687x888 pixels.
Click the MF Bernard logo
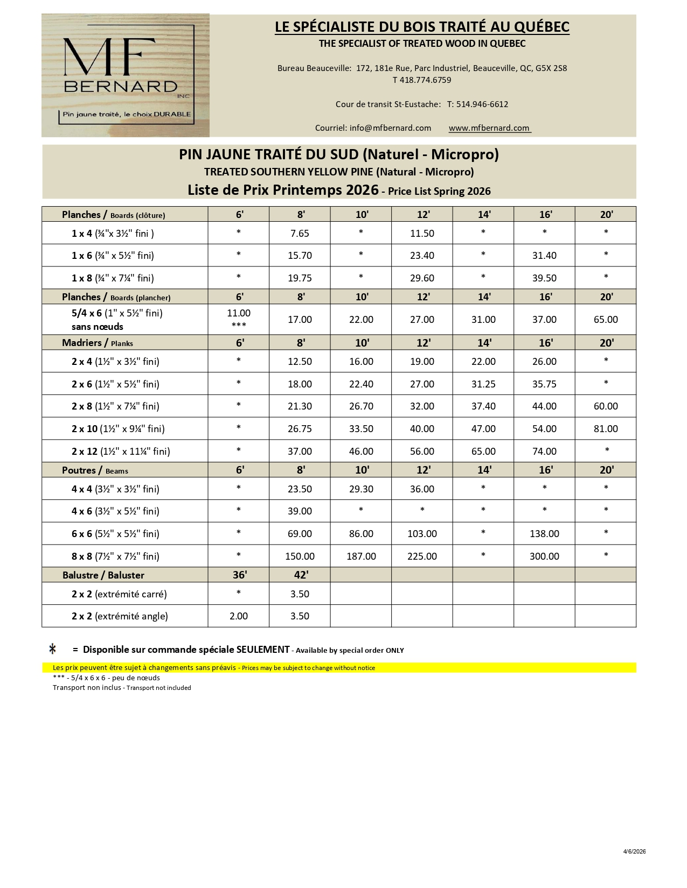click(126, 75)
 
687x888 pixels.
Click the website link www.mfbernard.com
click(489, 128)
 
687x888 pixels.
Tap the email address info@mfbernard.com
click(390, 128)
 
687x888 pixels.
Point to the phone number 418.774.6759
click(425, 80)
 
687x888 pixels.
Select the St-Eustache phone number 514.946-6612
click(482, 104)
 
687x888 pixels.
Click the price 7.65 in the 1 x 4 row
click(300, 234)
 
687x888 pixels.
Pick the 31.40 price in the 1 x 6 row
click(544, 256)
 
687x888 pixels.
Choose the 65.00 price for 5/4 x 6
click(606, 320)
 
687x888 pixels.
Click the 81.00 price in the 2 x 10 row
click(606, 429)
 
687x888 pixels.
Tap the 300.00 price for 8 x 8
click(544, 556)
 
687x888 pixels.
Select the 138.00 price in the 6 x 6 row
click(544, 534)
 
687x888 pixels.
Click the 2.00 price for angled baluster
click(239, 616)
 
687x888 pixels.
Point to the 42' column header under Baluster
click(301, 575)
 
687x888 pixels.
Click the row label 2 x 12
click(85, 452)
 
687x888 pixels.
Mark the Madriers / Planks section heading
click(98, 343)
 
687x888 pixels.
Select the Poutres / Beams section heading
click(95, 470)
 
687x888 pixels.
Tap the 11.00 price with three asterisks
click(239, 313)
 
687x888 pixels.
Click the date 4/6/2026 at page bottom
click(634, 851)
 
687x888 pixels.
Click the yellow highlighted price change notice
click(214, 668)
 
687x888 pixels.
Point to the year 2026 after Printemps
click(362, 190)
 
